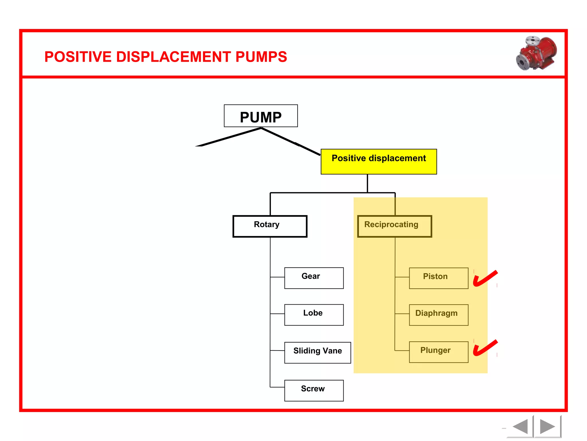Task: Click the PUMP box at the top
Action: [261, 116]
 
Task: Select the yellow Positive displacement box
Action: [378, 161]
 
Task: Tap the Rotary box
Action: [270, 226]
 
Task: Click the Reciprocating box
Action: [394, 226]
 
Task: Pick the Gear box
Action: [314, 278]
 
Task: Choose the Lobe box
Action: [314, 315]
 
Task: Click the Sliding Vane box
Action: [317, 352]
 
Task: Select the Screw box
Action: [314, 390]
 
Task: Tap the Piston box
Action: [438, 278]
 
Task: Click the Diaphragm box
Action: [438, 315]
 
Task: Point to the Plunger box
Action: [438, 352]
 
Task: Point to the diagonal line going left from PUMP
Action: [229, 137]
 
